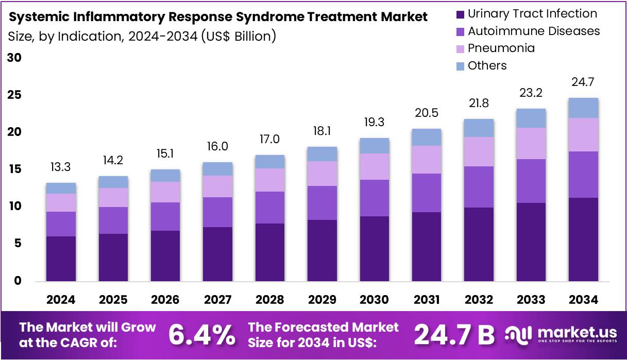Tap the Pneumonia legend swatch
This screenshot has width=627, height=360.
coord(460,48)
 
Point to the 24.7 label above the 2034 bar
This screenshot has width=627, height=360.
coord(583,81)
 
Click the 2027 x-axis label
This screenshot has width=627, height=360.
coord(217,300)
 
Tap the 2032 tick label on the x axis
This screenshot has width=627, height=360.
coord(479,300)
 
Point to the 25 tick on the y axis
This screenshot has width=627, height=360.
coord(14,95)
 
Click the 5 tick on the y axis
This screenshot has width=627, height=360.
coord(18,243)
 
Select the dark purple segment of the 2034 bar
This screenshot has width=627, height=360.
coord(583,239)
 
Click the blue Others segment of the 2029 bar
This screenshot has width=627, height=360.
coord(322,154)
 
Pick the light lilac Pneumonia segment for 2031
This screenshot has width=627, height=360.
coord(427,160)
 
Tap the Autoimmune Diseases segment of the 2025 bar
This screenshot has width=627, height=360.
coord(113,220)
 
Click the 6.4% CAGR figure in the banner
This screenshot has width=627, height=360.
coord(201,335)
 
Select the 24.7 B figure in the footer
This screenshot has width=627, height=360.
coord(454,335)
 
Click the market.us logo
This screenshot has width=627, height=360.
coord(560,335)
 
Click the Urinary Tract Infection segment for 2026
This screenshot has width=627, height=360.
coord(165,255)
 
